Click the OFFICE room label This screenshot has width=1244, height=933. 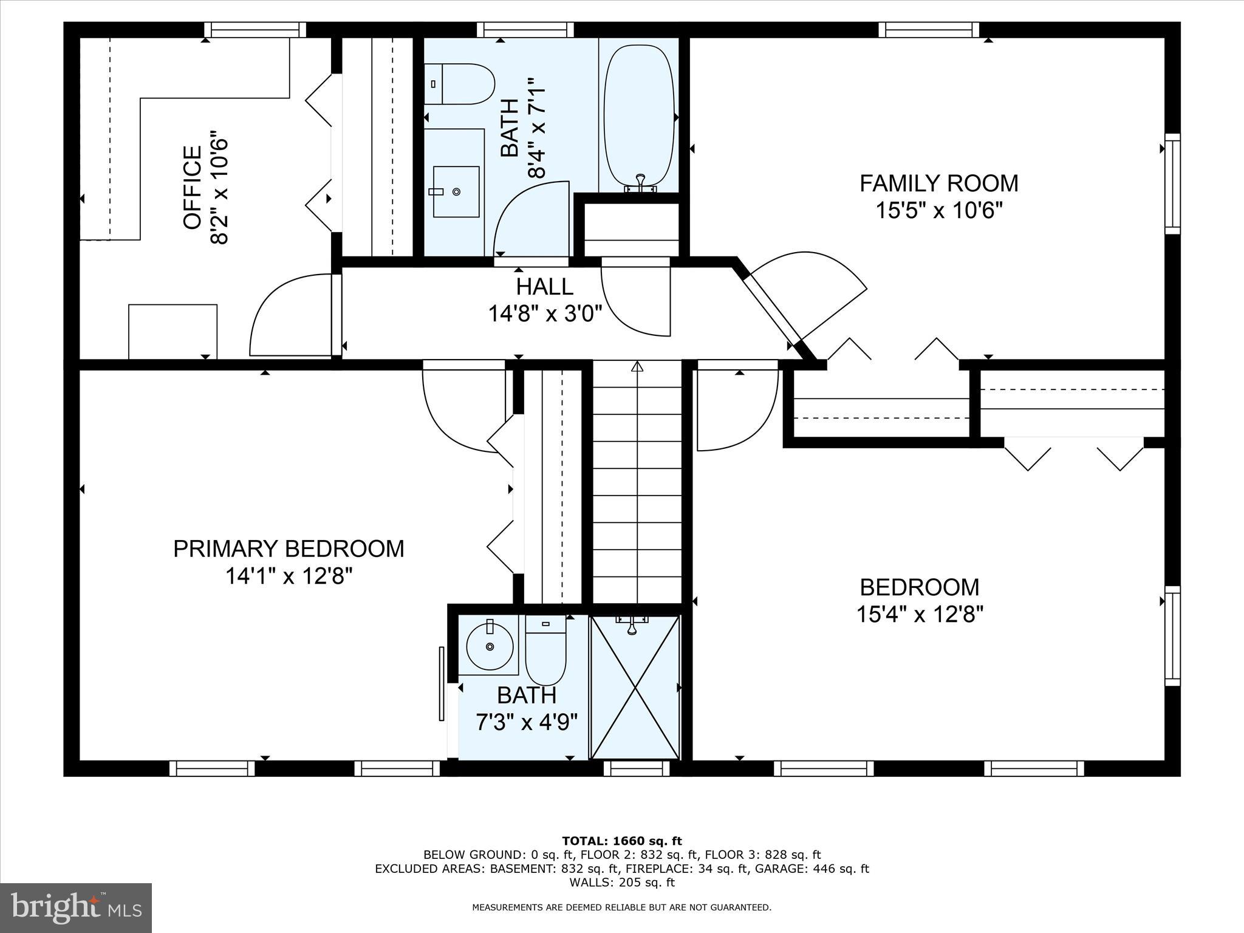(192, 188)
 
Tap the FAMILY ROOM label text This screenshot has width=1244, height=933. (938, 183)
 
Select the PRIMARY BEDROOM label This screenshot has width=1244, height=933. (289, 549)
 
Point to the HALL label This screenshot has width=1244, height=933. (544, 287)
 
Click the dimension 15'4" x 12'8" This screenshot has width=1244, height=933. (919, 614)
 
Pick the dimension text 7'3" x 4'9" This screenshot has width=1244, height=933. (526, 723)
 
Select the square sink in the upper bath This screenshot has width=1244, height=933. (456, 191)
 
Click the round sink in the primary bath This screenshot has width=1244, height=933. (490, 645)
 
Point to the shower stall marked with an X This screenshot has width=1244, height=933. (635, 688)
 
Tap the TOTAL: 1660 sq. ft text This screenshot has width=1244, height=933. (621, 841)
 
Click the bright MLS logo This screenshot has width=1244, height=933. (76, 907)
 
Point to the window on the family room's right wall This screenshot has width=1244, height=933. (1172, 184)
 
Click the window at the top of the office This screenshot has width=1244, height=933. (255, 30)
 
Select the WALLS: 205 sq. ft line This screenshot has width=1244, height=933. (621, 883)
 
